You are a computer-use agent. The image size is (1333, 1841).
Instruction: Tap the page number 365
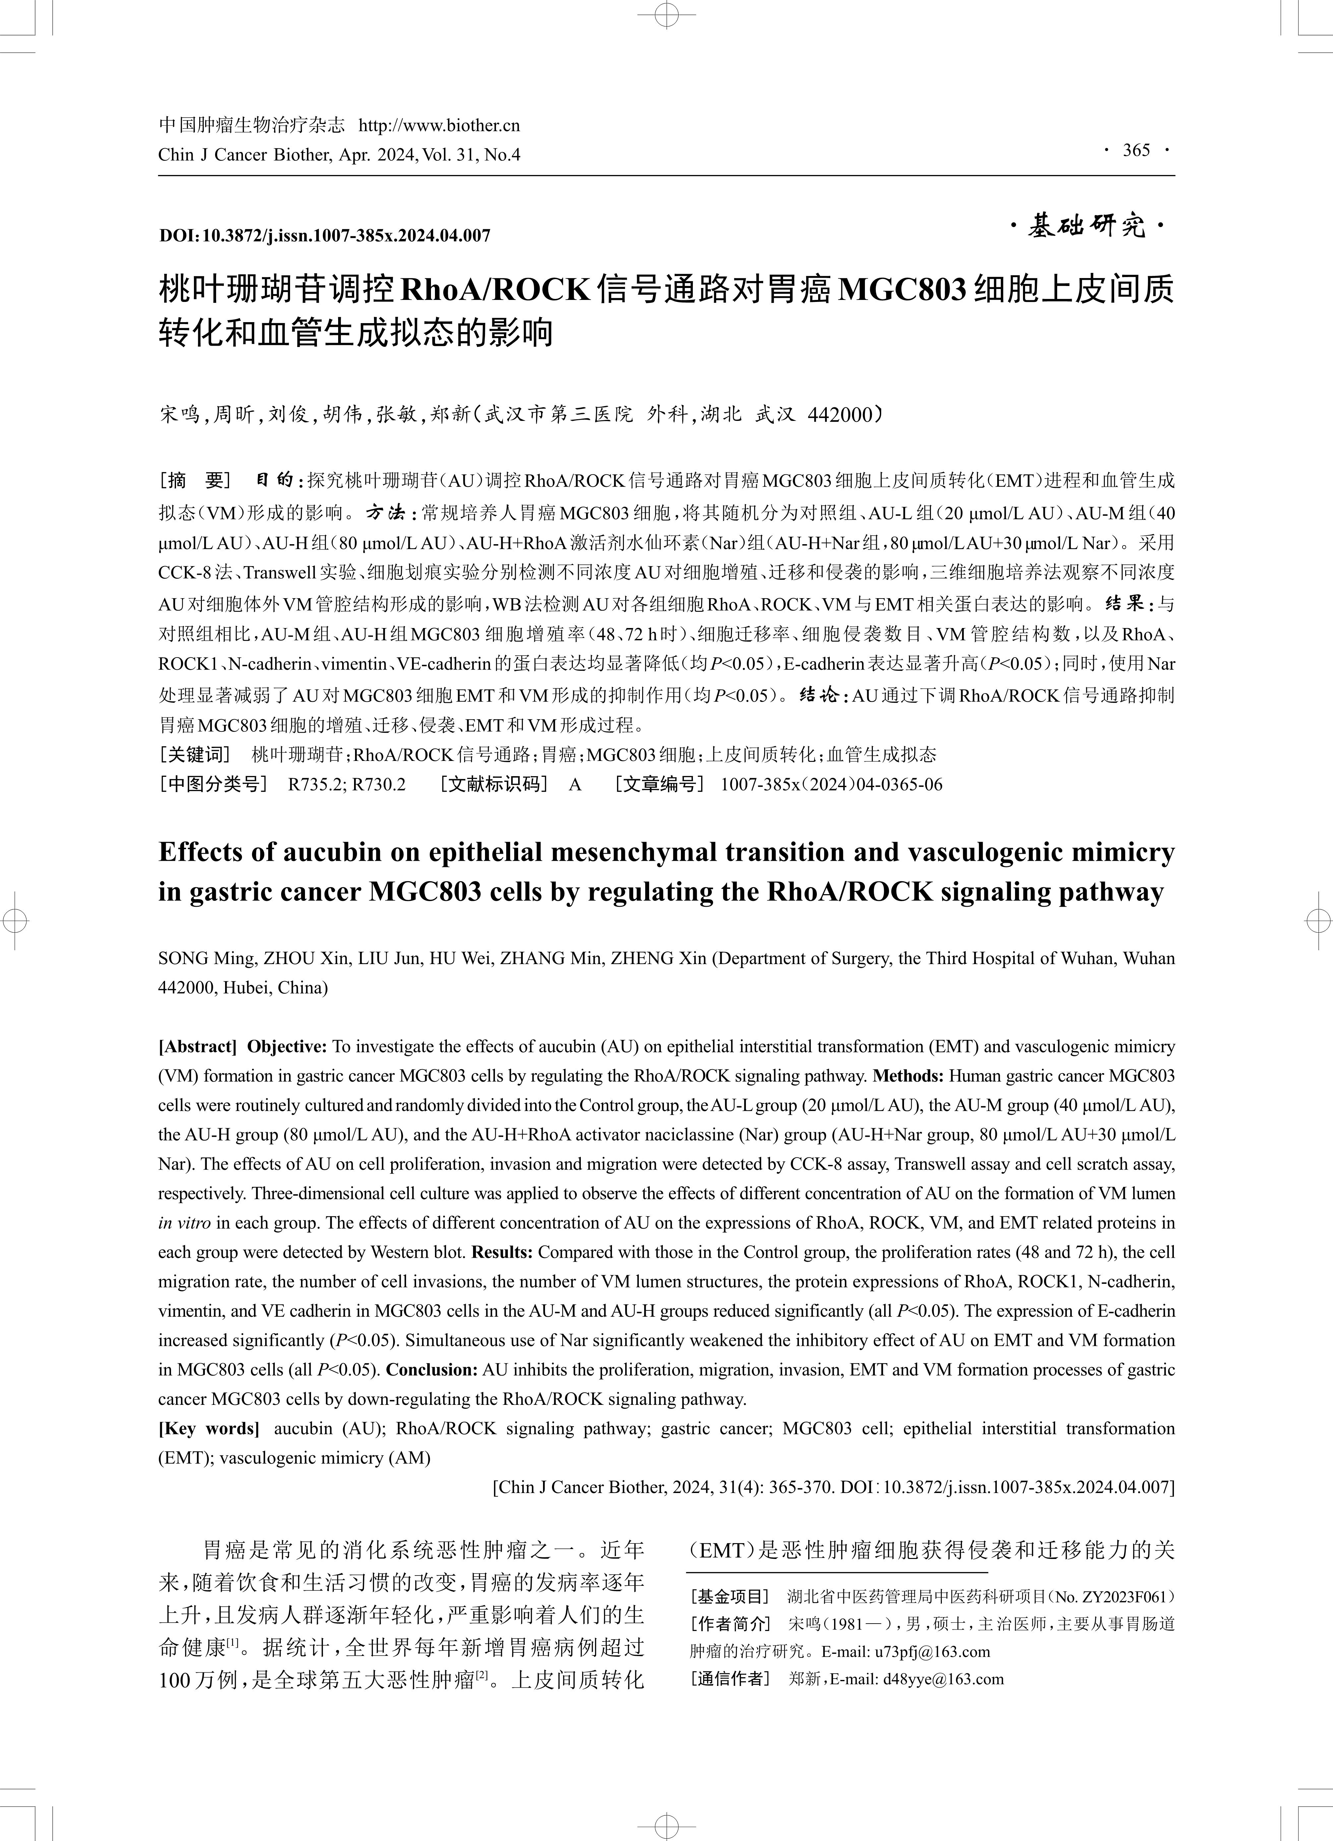click(1136, 150)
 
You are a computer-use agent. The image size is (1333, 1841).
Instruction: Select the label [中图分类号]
click(213, 784)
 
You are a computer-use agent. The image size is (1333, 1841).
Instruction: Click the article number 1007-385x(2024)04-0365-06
click(831, 784)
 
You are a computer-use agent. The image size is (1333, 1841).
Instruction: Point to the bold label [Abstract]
click(197, 1046)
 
